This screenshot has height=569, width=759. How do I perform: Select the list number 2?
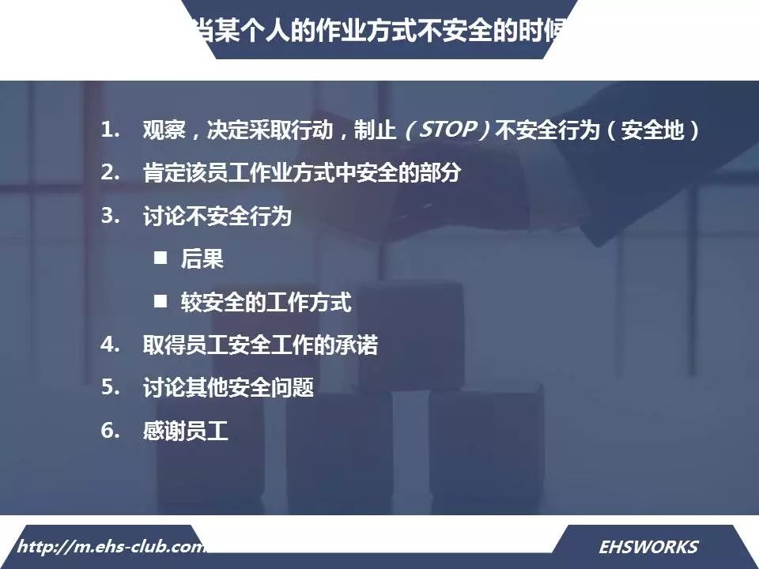pos(110,172)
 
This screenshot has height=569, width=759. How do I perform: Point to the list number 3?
pos(110,215)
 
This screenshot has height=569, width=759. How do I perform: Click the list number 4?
pos(110,345)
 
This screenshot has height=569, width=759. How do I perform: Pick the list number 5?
pos(110,387)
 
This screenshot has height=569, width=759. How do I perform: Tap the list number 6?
pos(110,430)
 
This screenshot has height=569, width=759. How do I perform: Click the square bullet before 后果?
pos(160,258)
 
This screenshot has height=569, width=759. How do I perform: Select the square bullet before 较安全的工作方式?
pos(160,301)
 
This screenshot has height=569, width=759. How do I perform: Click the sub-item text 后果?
pos(202,258)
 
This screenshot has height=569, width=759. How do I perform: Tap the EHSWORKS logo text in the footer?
pos(648,547)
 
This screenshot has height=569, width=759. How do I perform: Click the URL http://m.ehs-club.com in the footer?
pos(111,547)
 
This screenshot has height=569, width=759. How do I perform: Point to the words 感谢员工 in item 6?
pos(185,430)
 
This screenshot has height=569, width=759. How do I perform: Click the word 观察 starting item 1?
pos(164,130)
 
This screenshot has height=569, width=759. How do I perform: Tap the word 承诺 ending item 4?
pos(357,345)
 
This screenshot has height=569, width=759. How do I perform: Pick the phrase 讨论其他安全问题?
pos(228,387)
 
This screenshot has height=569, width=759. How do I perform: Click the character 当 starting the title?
pos(201,31)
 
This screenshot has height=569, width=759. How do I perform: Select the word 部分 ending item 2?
pos(440,173)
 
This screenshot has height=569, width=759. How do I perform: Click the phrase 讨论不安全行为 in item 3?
pos(217,216)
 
